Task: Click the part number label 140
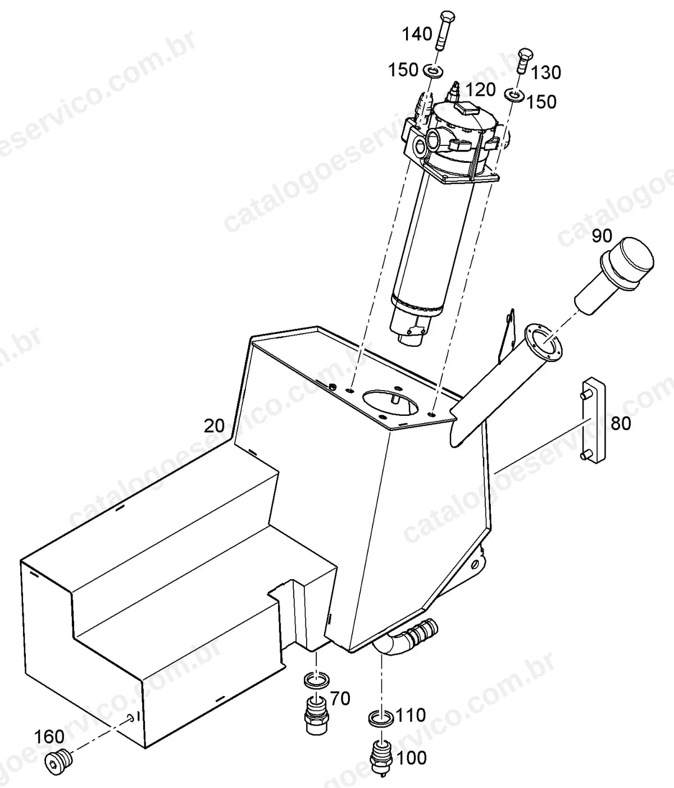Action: pos(417,34)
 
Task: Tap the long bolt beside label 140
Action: pos(444,31)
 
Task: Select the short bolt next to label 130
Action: pos(525,61)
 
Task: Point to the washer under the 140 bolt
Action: pos(433,71)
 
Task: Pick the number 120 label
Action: pos(481,90)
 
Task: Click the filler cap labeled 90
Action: pos(614,280)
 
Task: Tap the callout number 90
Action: pos(602,236)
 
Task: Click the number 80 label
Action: pos(621,424)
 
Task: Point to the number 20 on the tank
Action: pos(214,426)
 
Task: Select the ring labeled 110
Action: pos(381,718)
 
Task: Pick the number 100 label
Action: pos(412,758)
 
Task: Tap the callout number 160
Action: pos(49,736)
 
